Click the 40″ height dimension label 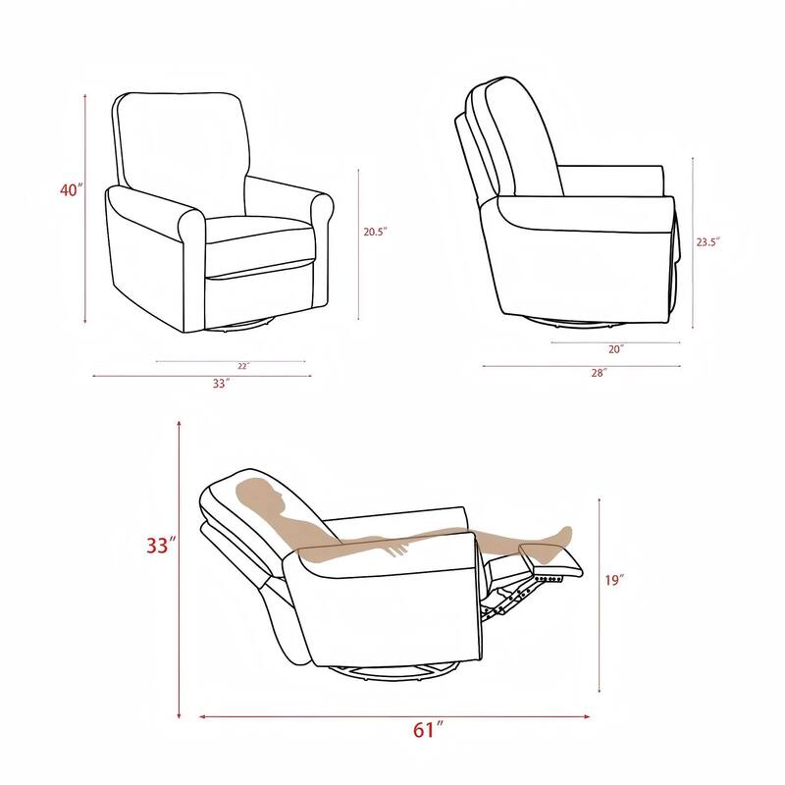tap(69, 190)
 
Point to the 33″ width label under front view tap(221, 384)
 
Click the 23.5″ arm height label tap(708, 241)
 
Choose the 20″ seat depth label tap(616, 348)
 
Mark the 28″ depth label tap(599, 373)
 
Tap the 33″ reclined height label tap(161, 546)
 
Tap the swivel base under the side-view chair tap(569, 321)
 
